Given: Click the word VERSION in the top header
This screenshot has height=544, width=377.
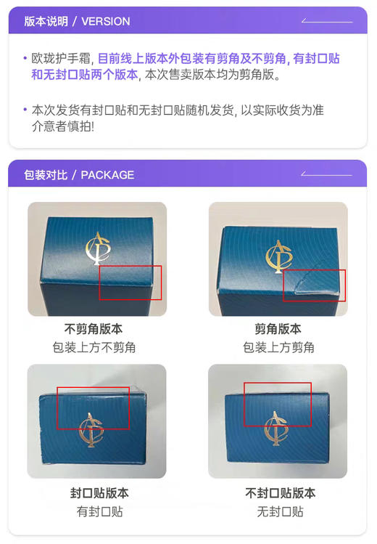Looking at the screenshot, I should tap(106, 21).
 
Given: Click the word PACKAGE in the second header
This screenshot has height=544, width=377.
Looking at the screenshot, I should tap(107, 175).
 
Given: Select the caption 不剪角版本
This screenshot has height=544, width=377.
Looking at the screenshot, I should tap(94, 329).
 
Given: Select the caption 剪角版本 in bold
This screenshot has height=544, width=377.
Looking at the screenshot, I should tap(278, 329).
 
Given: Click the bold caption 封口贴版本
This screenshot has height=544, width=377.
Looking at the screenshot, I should tap(99, 493).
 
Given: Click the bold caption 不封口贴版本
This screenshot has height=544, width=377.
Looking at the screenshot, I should tap(280, 493).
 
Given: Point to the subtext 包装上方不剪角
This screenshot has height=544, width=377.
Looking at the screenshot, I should tap(94, 347).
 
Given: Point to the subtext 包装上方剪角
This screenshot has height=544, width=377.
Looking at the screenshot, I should tap(278, 347).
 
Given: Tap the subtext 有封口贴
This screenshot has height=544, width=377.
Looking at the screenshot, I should tap(99, 511).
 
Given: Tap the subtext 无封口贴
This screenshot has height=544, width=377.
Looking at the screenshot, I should tap(280, 511).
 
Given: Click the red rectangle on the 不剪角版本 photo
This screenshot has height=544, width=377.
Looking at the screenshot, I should tap(130, 283).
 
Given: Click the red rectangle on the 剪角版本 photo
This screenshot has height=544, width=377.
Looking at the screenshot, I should tap(314, 285).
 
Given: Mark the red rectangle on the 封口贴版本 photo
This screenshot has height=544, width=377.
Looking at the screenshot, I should tap(93, 407).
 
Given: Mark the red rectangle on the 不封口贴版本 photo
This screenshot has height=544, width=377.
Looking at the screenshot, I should tap(277, 404).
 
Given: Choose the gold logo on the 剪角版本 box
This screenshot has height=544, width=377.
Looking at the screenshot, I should tap(276, 255).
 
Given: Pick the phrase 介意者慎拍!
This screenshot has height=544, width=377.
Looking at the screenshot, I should tap(63, 126).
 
